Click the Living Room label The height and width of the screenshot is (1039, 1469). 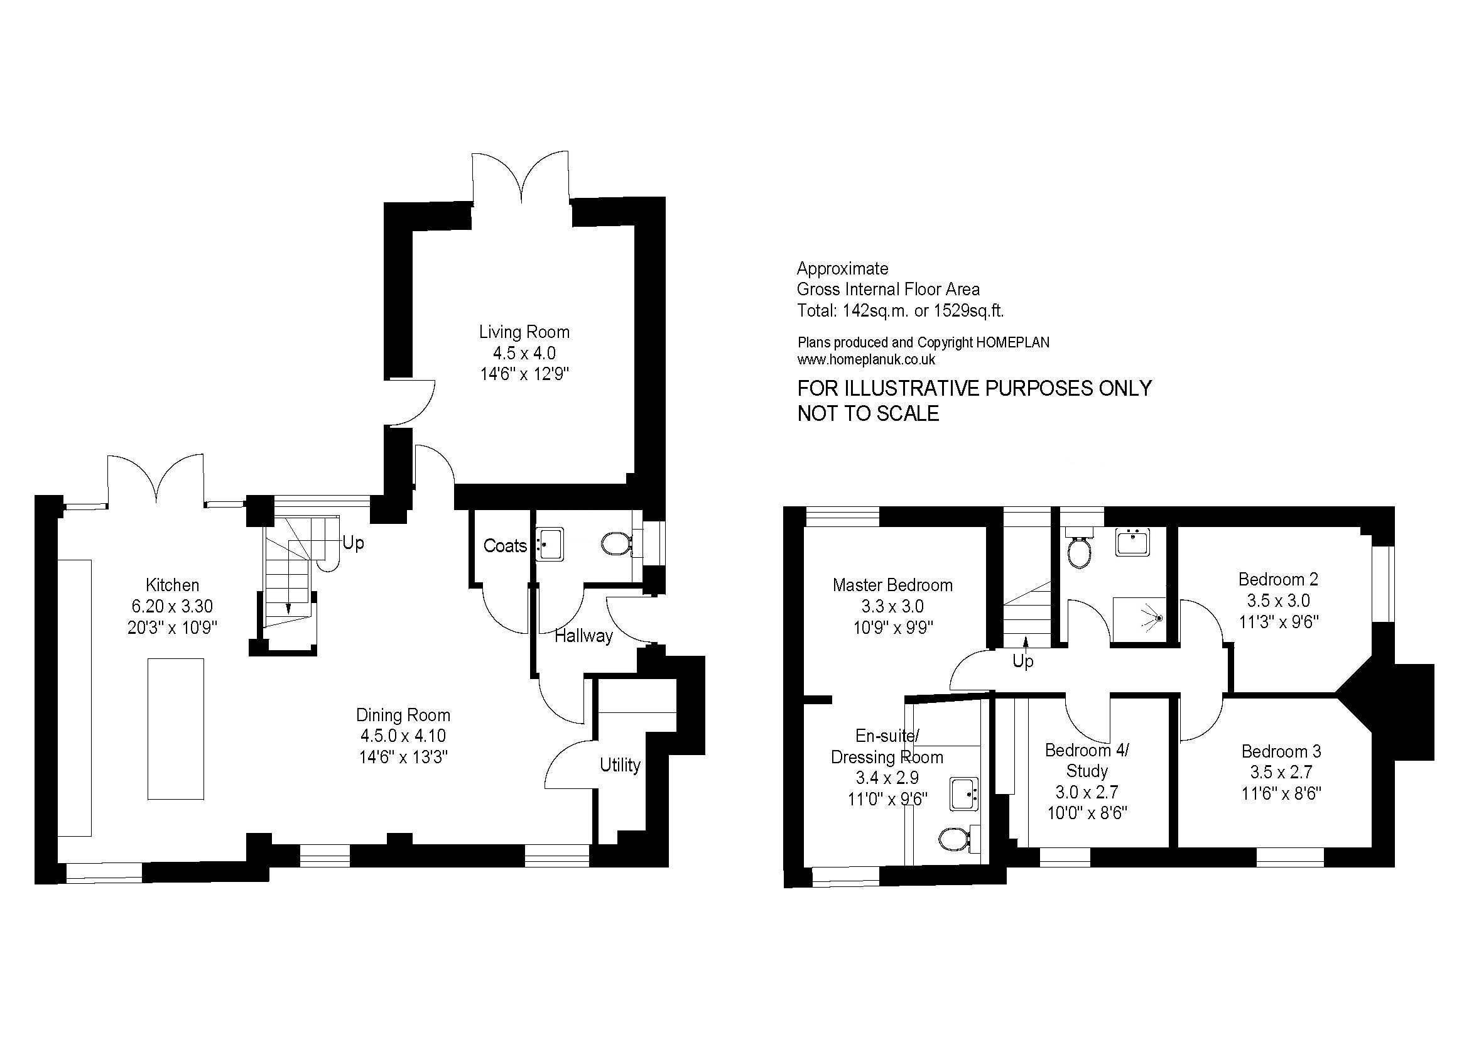coord(524,332)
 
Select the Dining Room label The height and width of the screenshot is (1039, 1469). coord(403,715)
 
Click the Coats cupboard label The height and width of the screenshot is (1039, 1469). coord(505,546)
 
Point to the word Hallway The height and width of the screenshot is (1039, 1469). coord(583,636)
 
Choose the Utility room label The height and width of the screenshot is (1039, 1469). coord(620,765)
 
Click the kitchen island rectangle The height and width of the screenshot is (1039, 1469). coord(176,729)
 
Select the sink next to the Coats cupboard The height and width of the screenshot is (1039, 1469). coord(549,545)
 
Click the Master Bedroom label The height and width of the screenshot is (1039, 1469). coord(892,585)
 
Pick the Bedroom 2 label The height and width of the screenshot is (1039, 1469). coord(1278,580)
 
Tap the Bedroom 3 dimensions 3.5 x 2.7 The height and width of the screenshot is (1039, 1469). coord(1281,772)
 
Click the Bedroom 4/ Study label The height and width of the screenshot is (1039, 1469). coord(1087,761)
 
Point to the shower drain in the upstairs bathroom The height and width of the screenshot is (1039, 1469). coord(1158,619)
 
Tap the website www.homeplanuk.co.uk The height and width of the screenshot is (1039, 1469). coord(866,359)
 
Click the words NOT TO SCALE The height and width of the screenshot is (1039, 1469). coord(868,413)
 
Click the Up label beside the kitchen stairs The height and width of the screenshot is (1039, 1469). coord(353,543)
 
